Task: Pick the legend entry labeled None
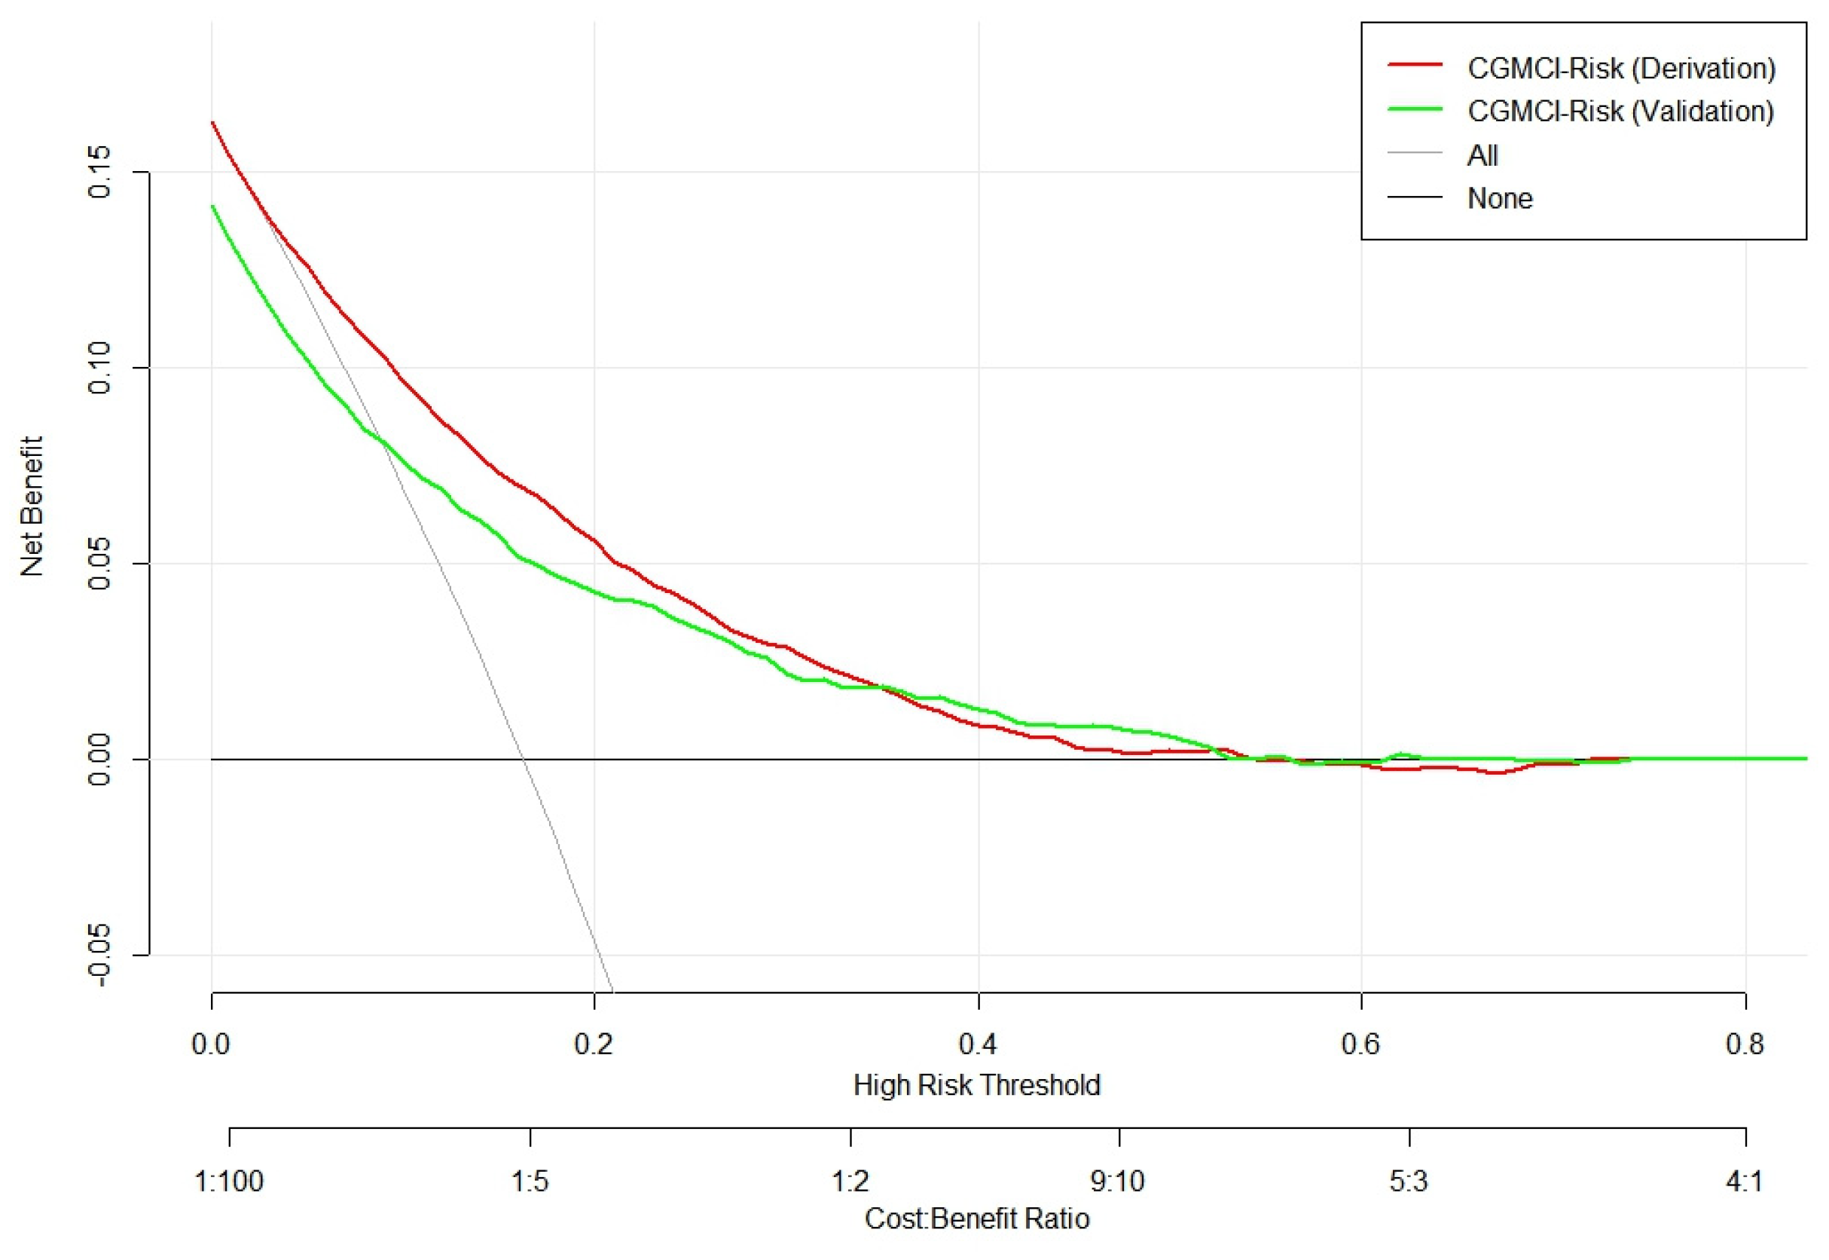(1499, 198)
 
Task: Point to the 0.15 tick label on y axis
(101, 172)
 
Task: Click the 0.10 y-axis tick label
(101, 368)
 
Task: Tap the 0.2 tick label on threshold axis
(594, 1044)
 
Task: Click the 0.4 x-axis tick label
(978, 1044)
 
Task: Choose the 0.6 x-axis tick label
(1361, 1044)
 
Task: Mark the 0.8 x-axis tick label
(1745, 1044)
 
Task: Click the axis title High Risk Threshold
(977, 1084)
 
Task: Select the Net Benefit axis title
(32, 506)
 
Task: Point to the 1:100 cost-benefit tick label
(229, 1182)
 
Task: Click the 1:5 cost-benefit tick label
(530, 1182)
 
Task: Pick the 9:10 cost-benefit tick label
(1118, 1182)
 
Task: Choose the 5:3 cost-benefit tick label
(1409, 1182)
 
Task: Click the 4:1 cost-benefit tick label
(1745, 1182)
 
